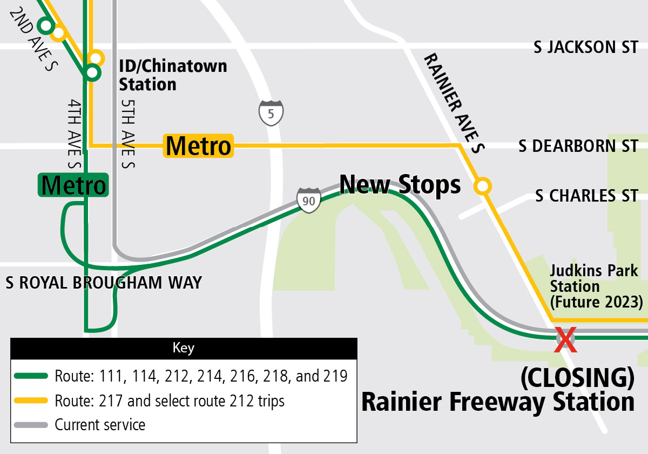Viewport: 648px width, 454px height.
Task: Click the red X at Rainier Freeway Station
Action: (x=565, y=339)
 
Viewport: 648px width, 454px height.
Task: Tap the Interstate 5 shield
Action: (x=271, y=113)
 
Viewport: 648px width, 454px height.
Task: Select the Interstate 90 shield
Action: (x=309, y=200)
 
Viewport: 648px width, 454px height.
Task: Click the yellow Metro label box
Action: (x=199, y=146)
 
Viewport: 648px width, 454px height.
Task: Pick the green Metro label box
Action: (x=73, y=185)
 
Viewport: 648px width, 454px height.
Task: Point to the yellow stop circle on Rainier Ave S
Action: (x=482, y=186)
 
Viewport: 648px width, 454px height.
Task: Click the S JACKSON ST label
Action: (x=586, y=48)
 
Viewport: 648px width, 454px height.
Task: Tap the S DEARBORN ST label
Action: (x=578, y=146)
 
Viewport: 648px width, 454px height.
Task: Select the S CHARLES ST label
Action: (x=586, y=195)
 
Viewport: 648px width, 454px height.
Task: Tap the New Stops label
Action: (x=400, y=185)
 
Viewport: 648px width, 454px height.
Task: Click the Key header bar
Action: (x=184, y=347)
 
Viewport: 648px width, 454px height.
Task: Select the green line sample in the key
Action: (x=32, y=376)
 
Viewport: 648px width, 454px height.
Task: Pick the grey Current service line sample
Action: (x=32, y=424)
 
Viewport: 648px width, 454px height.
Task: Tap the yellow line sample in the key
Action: (x=32, y=400)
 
